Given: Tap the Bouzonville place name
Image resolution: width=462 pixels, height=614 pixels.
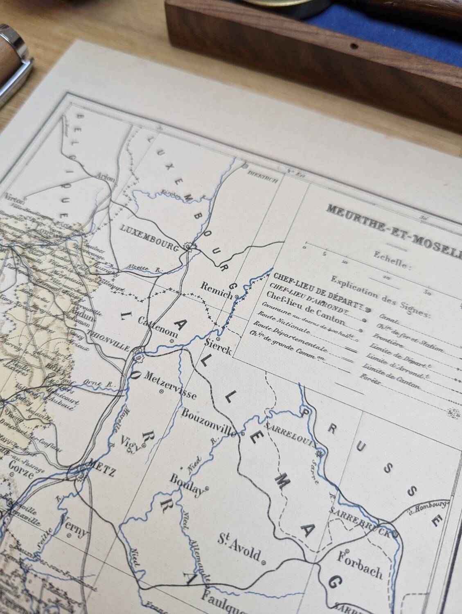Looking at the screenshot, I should [x=210, y=422].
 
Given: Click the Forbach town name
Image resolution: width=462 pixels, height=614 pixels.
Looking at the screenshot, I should [x=360, y=567].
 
